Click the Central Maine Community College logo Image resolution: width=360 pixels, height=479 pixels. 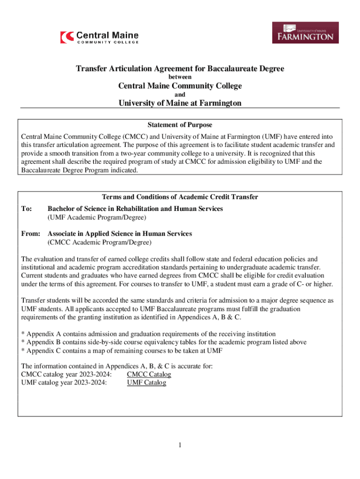100,36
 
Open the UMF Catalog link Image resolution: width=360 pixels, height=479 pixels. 146,383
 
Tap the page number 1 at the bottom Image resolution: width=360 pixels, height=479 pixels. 180,445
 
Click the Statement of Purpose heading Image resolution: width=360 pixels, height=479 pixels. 180,125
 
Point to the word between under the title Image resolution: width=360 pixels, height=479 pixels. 180,77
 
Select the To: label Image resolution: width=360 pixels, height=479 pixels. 27,209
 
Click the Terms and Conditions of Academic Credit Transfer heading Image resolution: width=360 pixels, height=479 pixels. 180,197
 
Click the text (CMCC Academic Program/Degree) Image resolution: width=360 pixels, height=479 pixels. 99,242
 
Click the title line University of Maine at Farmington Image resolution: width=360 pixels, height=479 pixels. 180,103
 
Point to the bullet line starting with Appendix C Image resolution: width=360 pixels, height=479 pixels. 122,350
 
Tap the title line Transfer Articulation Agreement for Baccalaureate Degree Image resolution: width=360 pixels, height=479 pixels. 180,69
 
